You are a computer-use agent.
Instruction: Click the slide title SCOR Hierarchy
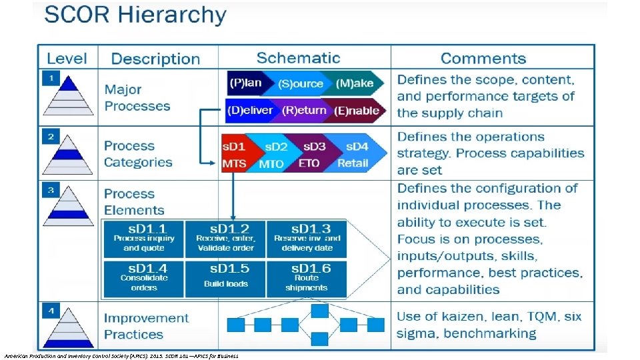[135, 15]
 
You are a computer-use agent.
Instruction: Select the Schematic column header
[298, 58]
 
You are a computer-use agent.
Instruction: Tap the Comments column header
[483, 59]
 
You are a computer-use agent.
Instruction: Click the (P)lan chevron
[247, 83]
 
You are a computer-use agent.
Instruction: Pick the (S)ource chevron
[300, 83]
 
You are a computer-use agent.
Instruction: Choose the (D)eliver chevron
[250, 111]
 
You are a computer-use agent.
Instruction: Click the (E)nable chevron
[357, 111]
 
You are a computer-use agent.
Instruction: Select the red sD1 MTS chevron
[235, 155]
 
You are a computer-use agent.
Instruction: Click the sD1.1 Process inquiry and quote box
[144, 239]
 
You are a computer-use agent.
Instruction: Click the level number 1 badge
[50, 78]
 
